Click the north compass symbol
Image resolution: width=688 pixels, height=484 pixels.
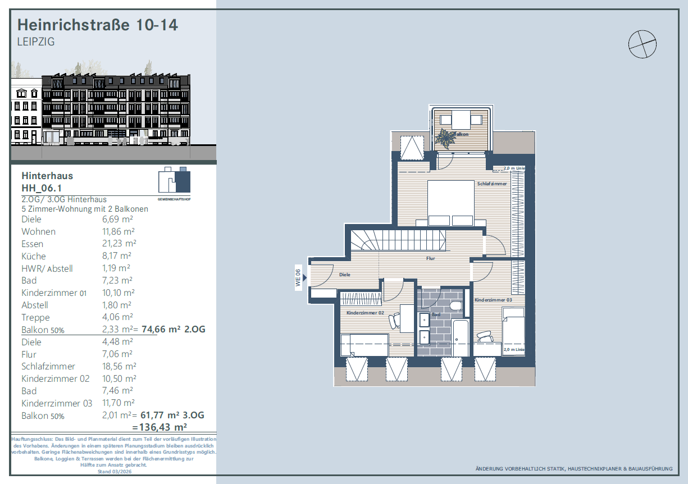[x=643, y=44]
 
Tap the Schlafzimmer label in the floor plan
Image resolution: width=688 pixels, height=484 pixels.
[x=492, y=184]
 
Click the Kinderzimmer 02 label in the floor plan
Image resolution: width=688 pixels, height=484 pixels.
[x=365, y=313]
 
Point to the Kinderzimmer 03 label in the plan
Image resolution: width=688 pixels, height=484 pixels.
[x=493, y=300]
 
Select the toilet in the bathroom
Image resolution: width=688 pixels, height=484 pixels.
[x=456, y=306]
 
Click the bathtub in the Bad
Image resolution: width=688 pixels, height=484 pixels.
[x=460, y=338]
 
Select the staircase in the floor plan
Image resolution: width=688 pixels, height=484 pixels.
[x=398, y=240]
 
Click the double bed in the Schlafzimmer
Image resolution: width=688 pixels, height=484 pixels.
[x=451, y=203]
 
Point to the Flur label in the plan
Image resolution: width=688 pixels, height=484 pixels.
[x=430, y=258]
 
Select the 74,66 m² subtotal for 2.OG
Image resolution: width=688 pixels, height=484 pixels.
[x=161, y=329]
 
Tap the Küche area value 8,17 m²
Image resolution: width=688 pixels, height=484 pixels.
[x=117, y=256]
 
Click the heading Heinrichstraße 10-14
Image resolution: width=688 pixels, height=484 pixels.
[x=97, y=25]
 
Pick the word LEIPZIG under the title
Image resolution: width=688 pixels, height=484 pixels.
[x=36, y=42]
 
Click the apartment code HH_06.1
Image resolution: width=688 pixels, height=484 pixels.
[x=42, y=188]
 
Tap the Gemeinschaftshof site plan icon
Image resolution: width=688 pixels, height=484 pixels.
[x=174, y=183]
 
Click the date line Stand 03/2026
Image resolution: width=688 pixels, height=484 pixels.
[x=114, y=472]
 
